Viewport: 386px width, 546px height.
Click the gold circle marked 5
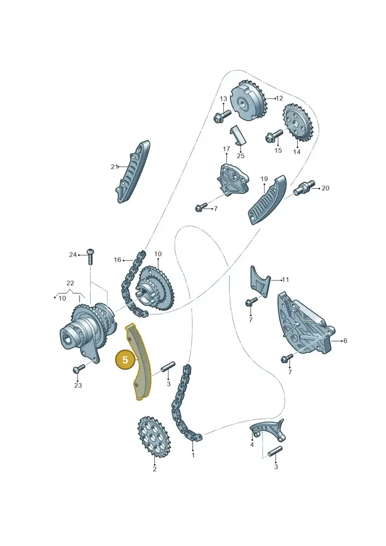coord(125,360)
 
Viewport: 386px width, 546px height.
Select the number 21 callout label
coord(114,167)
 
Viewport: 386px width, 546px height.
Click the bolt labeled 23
coord(79,368)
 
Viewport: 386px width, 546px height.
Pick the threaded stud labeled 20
coord(303,187)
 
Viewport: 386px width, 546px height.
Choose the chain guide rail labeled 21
coord(132,172)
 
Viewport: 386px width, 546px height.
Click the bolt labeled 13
coord(222,115)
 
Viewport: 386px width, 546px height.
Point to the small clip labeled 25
coord(238,135)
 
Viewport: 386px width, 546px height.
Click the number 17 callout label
coord(226,149)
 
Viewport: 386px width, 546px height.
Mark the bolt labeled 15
coord(275,136)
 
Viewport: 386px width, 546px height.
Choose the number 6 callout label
coord(345,340)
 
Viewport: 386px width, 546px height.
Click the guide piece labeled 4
coord(267,431)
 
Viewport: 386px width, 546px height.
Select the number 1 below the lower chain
coord(193,455)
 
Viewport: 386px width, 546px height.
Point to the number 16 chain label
coord(117,260)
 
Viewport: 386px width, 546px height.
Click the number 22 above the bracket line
coord(70,283)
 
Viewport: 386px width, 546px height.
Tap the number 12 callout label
coord(279,98)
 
